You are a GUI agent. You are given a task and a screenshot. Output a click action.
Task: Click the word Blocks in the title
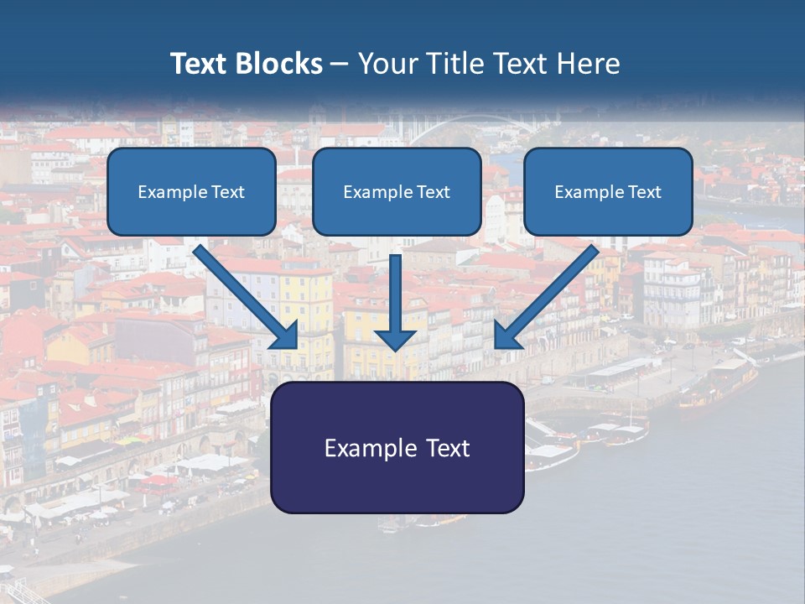281,64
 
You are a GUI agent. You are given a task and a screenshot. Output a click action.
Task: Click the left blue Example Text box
191,191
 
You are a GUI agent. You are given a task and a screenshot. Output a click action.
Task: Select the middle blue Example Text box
397,191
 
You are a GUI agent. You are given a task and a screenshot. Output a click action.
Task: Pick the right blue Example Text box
608,191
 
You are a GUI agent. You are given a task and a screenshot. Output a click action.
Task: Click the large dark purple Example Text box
397,447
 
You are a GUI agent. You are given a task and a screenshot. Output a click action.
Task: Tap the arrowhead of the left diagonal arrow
285,335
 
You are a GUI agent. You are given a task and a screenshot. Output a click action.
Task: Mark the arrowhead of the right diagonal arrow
508,335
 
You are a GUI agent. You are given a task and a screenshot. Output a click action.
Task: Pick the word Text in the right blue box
644,192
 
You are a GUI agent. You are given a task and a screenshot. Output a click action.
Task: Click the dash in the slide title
340,64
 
